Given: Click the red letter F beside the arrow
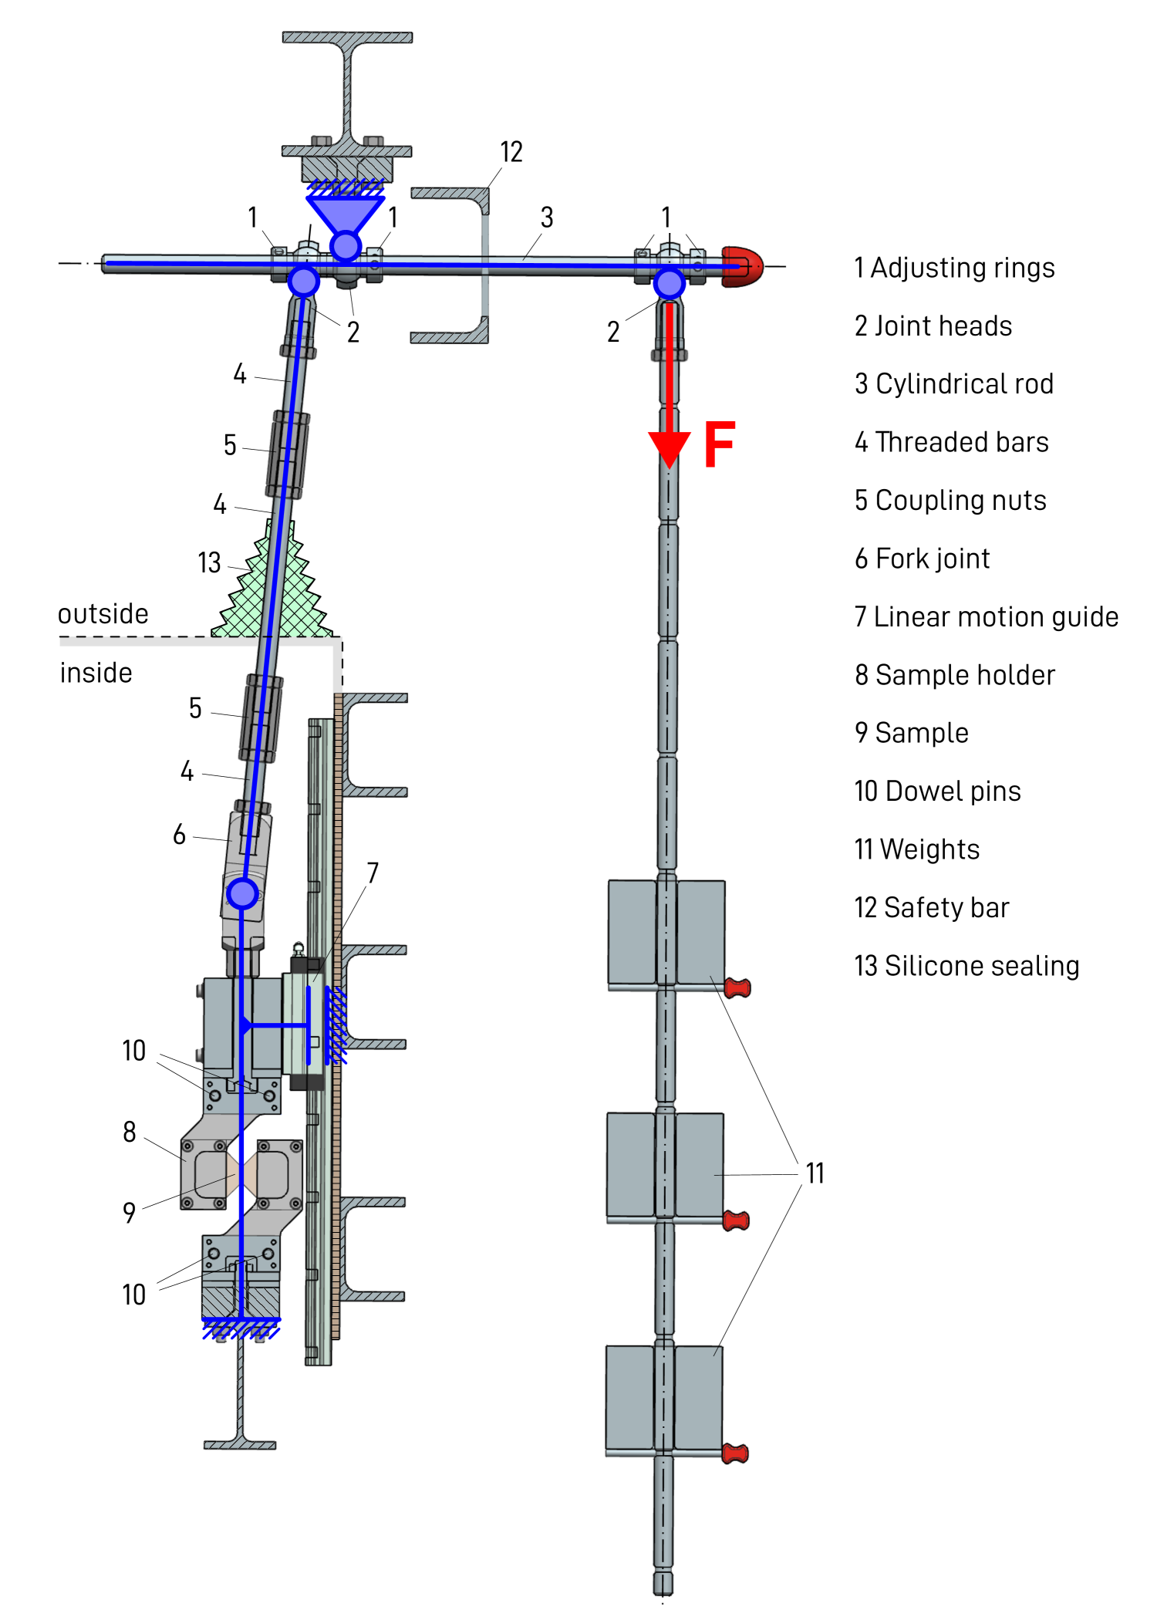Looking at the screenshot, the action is pos(720,444).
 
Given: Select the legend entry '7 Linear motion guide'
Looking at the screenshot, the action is pos(987,616).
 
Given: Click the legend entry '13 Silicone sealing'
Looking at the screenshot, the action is pos(967,965).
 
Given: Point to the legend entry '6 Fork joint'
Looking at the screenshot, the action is pos(922,559).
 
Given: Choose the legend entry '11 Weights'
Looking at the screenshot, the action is pos(916,849).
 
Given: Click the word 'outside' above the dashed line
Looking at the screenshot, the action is pos(103,613).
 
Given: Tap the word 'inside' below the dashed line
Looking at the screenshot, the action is pos(96,673).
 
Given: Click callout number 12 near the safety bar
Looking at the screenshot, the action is pos(511,152).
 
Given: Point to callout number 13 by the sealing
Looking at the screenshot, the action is pos(209,562).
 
